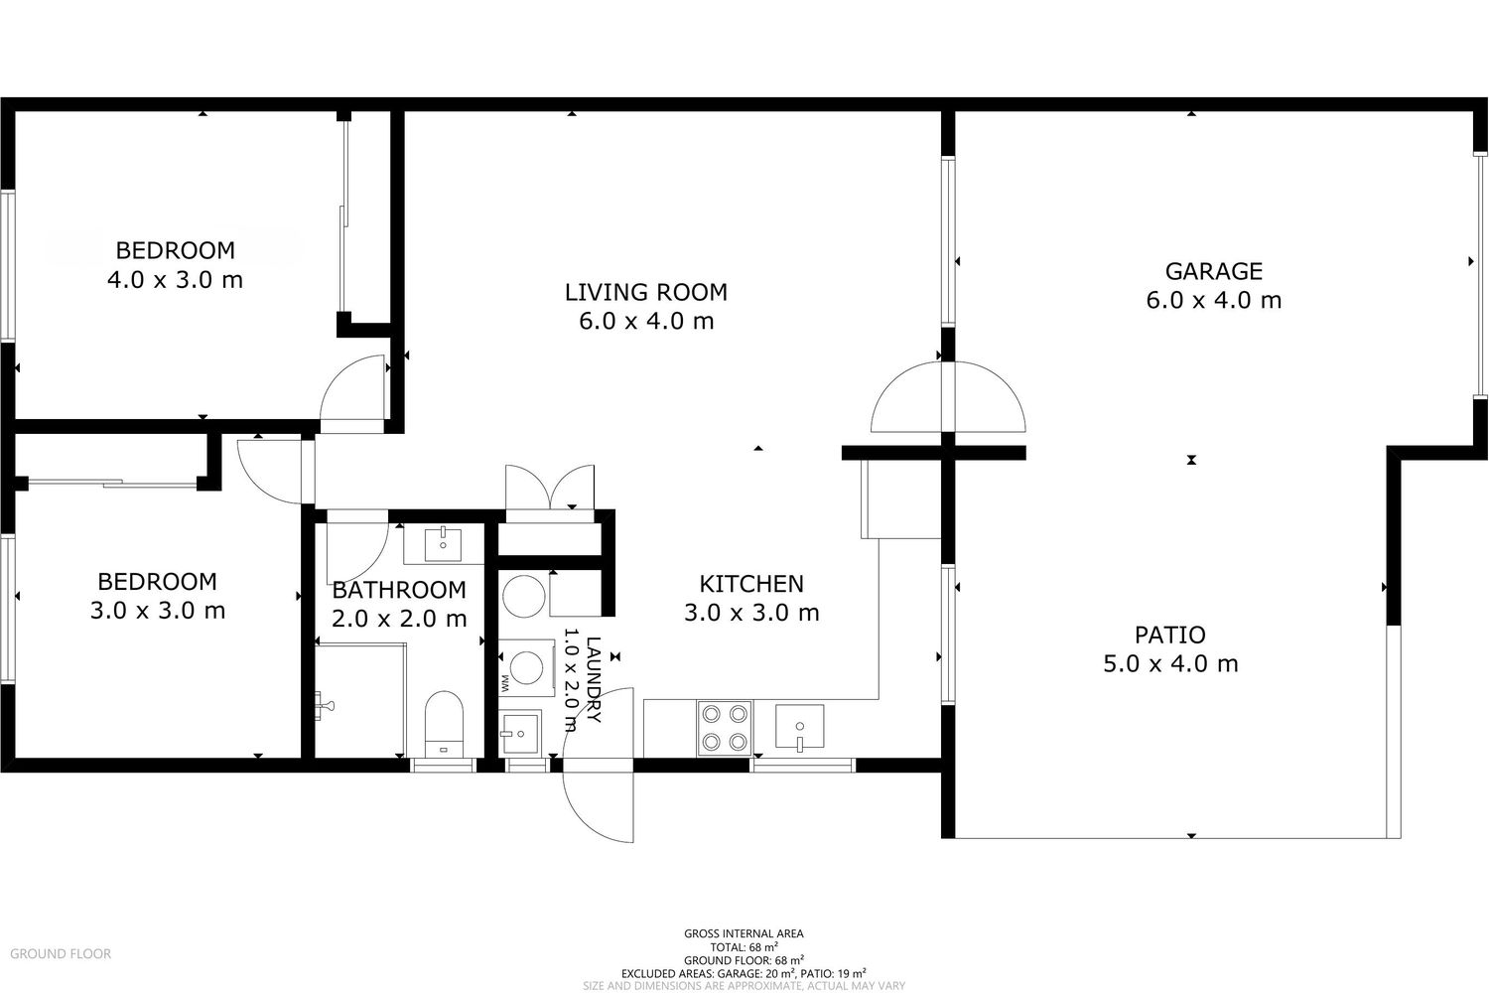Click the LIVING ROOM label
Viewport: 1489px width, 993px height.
(646, 292)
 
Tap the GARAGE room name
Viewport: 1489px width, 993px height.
(1214, 271)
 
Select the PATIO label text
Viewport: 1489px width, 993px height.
(1170, 636)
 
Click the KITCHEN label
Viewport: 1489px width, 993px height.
(751, 584)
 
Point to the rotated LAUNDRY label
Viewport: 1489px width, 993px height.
(594, 679)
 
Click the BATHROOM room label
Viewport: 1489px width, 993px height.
(399, 590)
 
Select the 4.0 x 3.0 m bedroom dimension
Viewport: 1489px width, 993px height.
(175, 279)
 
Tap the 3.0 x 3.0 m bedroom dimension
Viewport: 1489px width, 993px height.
(158, 610)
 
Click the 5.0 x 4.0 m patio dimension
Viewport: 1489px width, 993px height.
(1170, 663)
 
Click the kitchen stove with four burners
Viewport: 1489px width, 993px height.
(725, 728)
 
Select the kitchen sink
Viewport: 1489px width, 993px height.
(800, 726)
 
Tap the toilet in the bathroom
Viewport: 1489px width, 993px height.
(444, 724)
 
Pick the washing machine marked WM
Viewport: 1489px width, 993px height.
(526, 667)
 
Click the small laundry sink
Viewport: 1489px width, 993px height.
(521, 733)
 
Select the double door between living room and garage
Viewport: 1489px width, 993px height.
(949, 397)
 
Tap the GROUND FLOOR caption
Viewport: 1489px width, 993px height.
(61, 953)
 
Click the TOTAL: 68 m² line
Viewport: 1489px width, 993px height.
(744, 946)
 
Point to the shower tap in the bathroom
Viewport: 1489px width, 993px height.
(325, 706)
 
